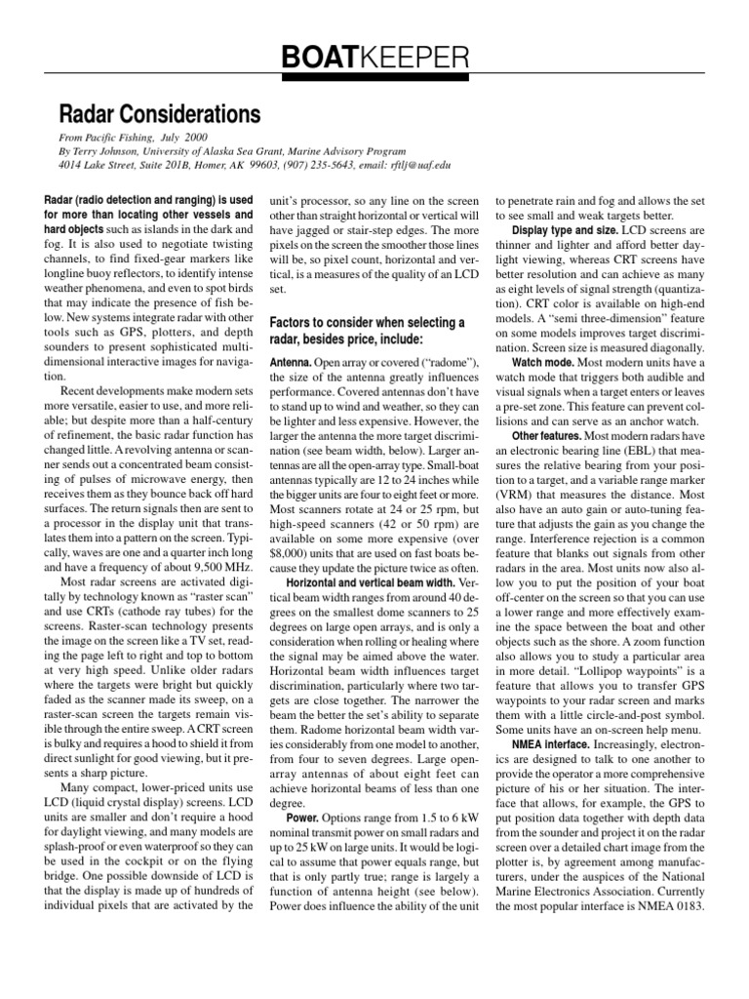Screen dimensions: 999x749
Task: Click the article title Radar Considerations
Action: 161,115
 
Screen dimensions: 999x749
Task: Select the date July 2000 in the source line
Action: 183,140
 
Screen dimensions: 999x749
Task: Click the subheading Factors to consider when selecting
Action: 368,322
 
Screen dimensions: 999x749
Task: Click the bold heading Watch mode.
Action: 543,361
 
